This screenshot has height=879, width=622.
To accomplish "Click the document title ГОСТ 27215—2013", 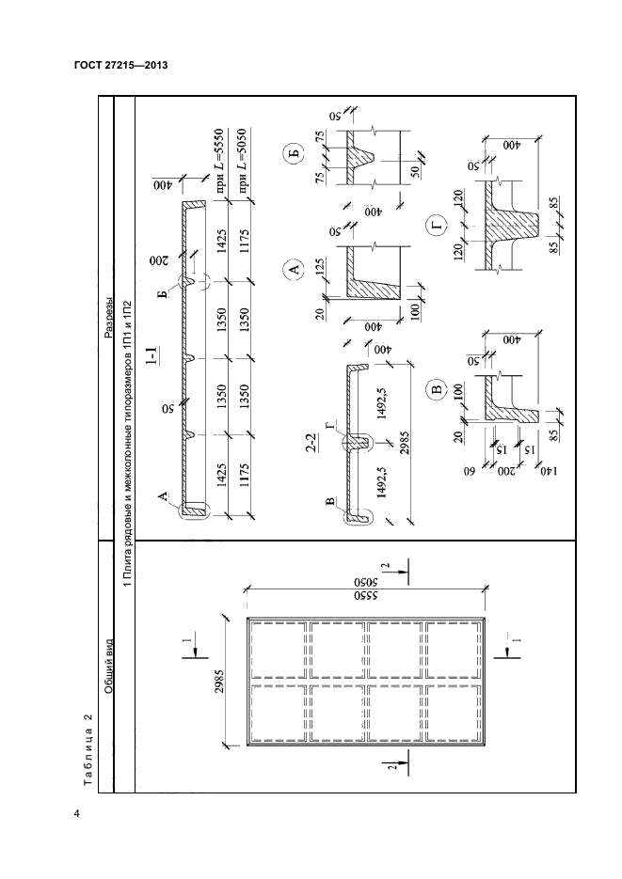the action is [x=120, y=66].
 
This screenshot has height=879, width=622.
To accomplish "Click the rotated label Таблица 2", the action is [x=88, y=749].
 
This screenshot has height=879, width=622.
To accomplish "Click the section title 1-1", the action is [x=152, y=356].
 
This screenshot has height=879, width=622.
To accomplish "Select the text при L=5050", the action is [x=243, y=159].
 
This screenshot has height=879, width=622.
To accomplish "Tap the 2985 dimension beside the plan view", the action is [x=219, y=680].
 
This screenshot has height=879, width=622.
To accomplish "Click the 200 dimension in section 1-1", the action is [x=158, y=260].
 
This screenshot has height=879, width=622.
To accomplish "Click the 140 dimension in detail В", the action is [x=549, y=471].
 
